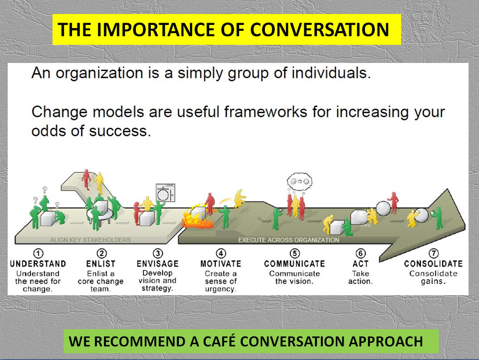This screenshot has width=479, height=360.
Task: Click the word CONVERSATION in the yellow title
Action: point(319,30)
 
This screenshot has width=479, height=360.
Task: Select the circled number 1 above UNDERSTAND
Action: point(38,254)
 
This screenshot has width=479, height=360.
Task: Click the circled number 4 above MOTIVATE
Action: point(220,254)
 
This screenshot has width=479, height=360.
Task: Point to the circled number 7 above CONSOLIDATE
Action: point(433,254)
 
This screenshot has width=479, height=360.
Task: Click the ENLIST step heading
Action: point(101,264)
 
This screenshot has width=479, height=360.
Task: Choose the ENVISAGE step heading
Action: point(158,264)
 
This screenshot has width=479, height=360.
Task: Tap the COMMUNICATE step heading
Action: point(294,264)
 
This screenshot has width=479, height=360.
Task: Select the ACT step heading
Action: point(360,264)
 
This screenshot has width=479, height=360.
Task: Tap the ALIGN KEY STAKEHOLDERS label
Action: point(90,240)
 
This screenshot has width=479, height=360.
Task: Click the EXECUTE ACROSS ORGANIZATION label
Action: point(288,240)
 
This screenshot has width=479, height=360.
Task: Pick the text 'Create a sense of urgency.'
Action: point(220,281)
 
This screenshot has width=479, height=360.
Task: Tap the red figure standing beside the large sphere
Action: point(394,202)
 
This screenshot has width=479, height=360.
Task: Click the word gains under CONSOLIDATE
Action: point(433,281)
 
